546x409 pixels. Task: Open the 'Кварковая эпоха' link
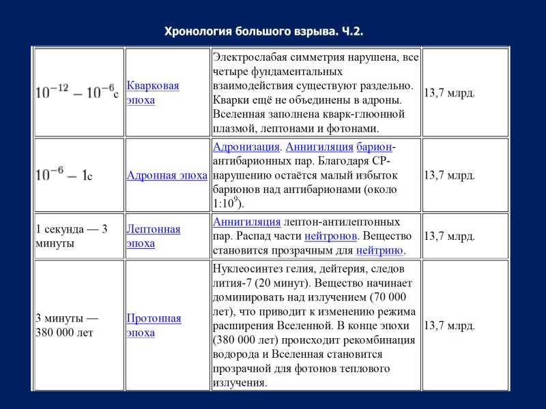point(153,93)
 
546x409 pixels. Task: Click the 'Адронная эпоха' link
point(167,175)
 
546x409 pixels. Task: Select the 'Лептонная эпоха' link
point(154,236)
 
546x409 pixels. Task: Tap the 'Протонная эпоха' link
point(154,325)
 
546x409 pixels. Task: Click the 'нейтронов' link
point(330,237)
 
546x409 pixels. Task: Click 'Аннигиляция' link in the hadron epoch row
point(319,147)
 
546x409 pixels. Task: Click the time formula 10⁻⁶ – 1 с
point(63,175)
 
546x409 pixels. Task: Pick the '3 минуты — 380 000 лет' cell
point(69,325)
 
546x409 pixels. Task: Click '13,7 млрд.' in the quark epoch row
point(450,93)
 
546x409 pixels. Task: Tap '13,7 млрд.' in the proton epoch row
point(450,325)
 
